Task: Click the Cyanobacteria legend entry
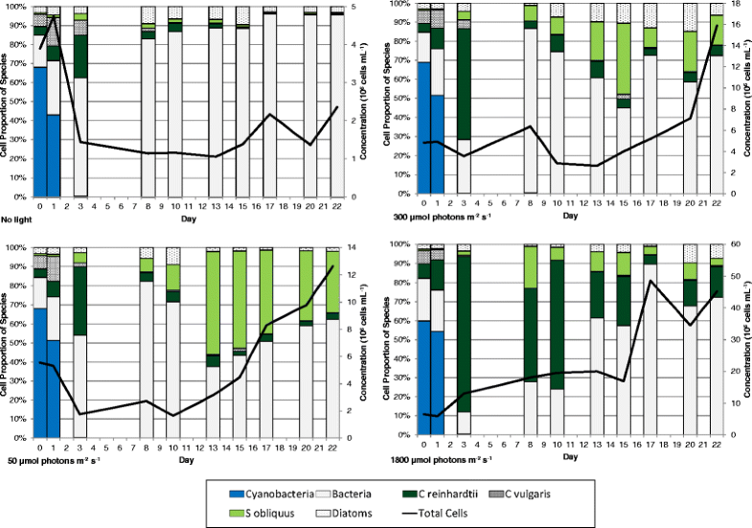coord(278,494)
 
